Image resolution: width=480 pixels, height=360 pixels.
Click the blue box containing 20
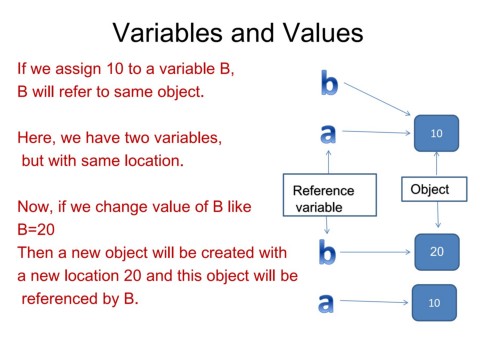pyautogui.click(x=436, y=252)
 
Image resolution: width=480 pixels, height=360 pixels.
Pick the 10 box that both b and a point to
pyautogui.click(x=436, y=133)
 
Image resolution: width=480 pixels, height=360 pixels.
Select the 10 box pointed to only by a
pyautogui.click(x=432, y=302)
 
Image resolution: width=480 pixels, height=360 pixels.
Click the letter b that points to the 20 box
pyautogui.click(x=327, y=252)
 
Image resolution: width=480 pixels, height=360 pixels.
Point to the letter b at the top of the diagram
pyautogui.click(x=329, y=83)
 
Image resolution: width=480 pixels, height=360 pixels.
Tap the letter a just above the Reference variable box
pyautogui.click(x=326, y=133)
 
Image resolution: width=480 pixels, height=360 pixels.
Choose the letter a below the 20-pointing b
pyautogui.click(x=326, y=302)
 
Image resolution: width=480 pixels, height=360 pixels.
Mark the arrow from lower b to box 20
pyautogui.click(x=376, y=252)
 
